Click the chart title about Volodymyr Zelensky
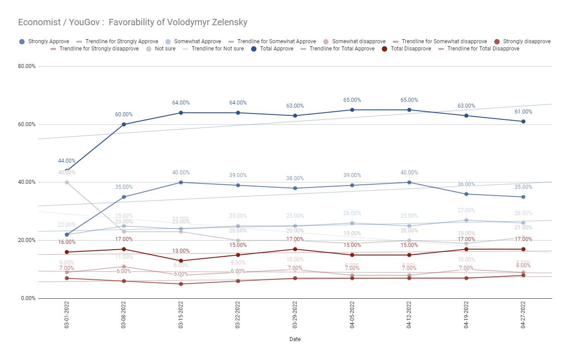pos(133,22)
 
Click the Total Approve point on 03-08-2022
pos(124,124)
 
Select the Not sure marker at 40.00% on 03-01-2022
pos(67,182)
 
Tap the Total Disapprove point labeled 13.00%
pos(181,261)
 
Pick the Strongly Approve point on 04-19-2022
pos(466,194)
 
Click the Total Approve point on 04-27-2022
pos(523,122)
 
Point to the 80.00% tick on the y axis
pos(27,66)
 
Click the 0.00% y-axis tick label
pos(28,298)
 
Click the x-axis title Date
pos(295,339)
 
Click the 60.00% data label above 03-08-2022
pos(124,114)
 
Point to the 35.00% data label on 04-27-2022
pos(523,187)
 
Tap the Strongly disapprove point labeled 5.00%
pos(181,284)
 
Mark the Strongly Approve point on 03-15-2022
pos(181,182)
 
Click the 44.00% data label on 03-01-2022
pos(67,161)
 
